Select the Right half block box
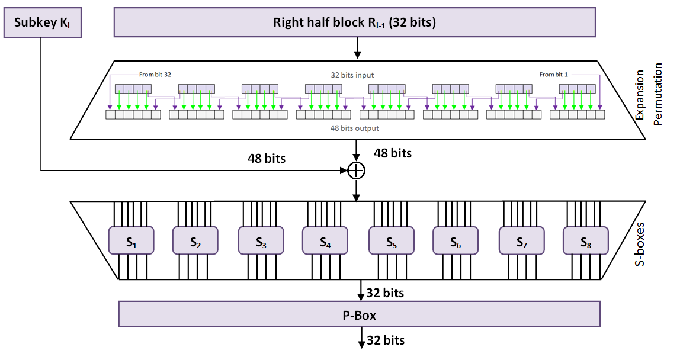coord(354,23)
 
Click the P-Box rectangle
coord(359,315)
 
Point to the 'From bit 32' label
coord(155,75)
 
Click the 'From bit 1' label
coord(554,75)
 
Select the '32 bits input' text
coord(352,75)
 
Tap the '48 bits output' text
coord(355,127)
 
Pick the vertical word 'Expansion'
coord(639,97)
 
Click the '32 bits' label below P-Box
coord(386,340)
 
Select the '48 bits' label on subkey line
coord(267,159)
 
